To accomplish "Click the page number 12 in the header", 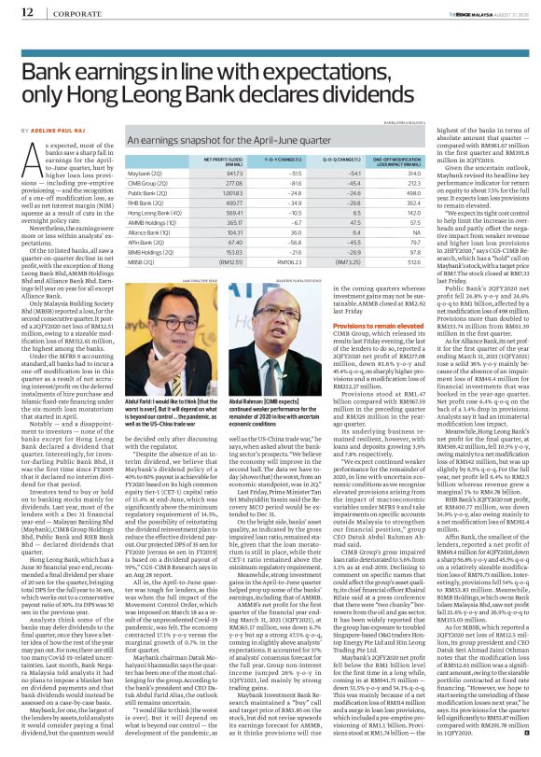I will [x=14, y=12].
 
